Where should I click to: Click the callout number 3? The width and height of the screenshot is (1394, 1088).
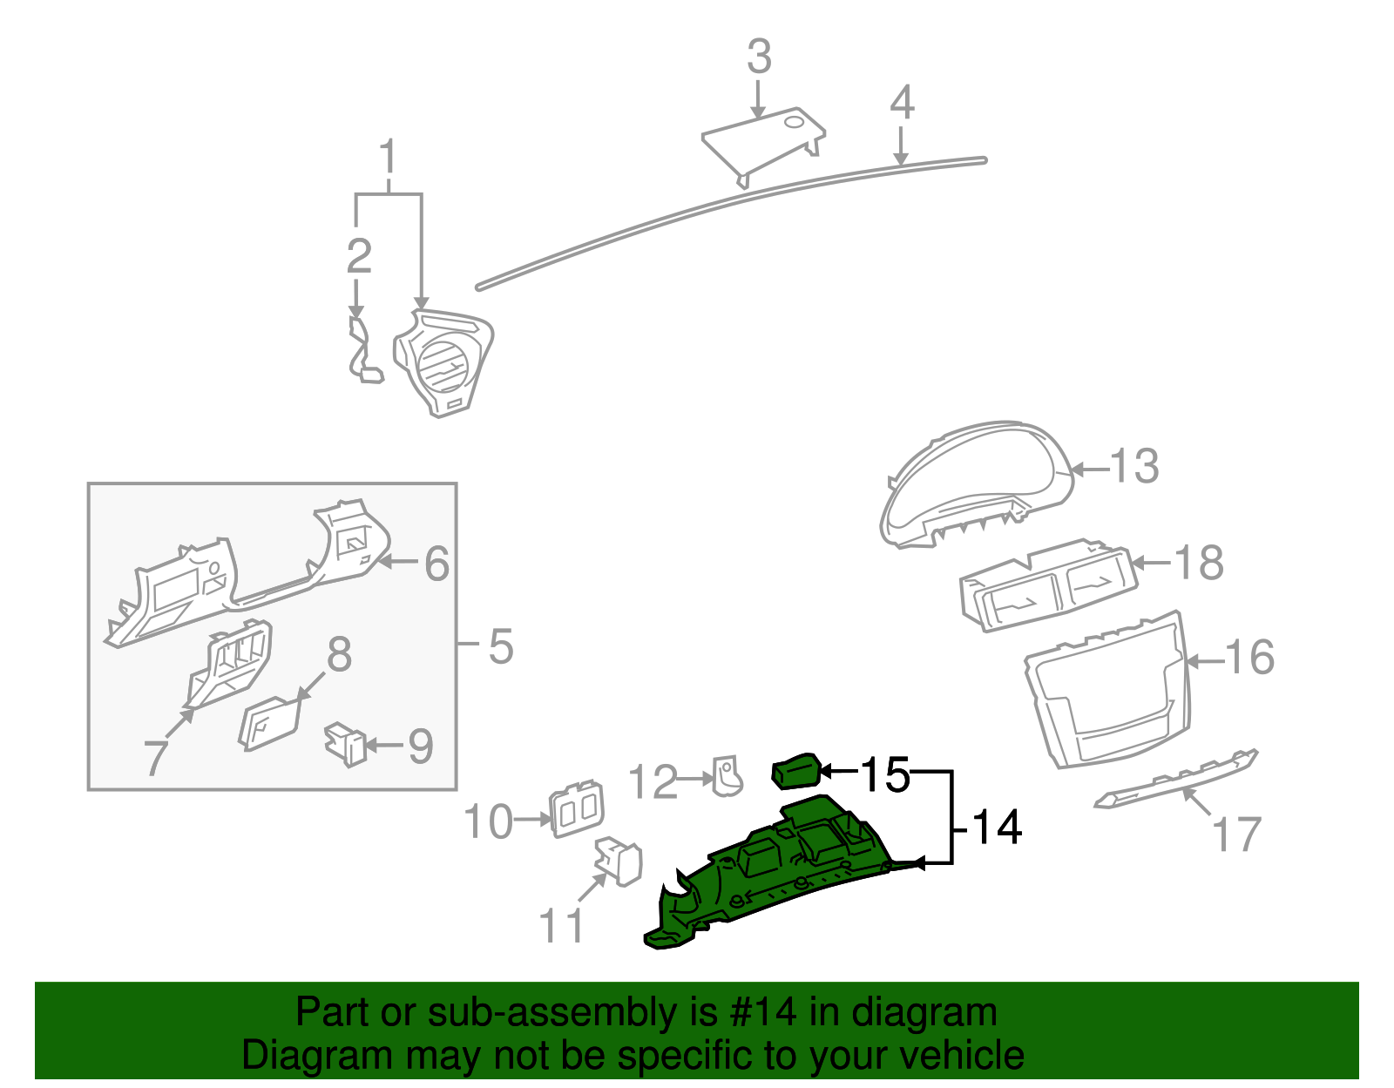pos(759,57)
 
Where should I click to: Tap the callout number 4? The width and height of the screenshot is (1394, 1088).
pos(902,103)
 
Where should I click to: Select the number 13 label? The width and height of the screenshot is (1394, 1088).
pos(1135,467)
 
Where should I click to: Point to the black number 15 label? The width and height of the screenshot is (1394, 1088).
pos(884,774)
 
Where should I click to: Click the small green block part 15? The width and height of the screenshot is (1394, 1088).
pos(795,771)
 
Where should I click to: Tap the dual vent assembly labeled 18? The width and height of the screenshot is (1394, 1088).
pos(1045,588)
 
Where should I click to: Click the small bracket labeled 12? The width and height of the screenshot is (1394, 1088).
pos(727,775)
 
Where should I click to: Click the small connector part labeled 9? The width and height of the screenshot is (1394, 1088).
pos(344,743)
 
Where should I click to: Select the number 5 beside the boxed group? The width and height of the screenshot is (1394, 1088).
pos(501,647)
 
